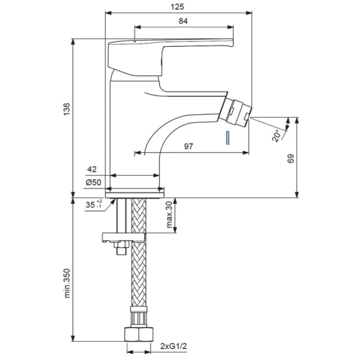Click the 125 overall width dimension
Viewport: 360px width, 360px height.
(177, 7)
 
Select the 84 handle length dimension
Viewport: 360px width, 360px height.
(183, 21)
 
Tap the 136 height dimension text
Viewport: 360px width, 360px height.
(67, 109)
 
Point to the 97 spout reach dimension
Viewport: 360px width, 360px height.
(189, 146)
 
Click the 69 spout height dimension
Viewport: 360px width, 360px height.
(291, 158)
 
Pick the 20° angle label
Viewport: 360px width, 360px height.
(277, 136)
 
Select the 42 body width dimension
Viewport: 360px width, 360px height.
(92, 169)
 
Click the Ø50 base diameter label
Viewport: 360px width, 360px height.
(93, 183)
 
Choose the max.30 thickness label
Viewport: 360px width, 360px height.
(169, 215)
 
